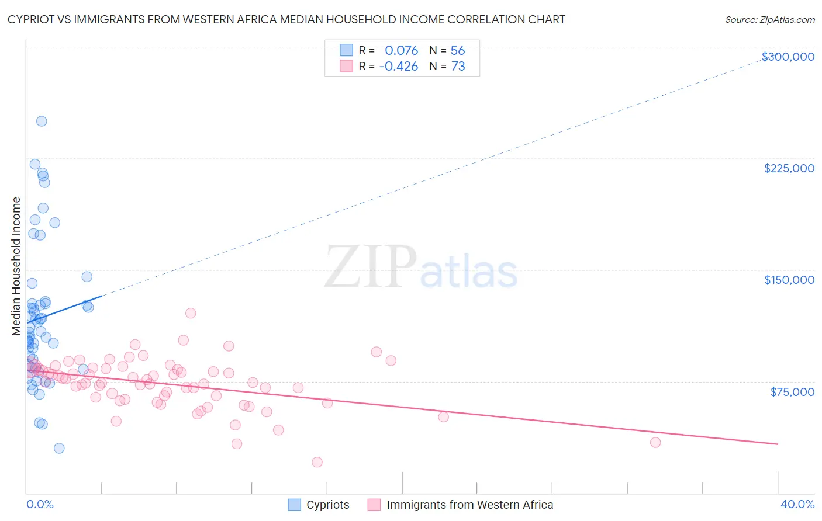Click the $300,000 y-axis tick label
click(x=788, y=57)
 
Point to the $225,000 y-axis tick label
click(x=789, y=168)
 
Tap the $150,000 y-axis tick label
click(x=789, y=280)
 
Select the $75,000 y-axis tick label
click(x=792, y=392)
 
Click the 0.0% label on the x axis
click(x=40, y=504)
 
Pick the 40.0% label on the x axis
click(x=797, y=504)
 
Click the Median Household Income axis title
click(x=16, y=266)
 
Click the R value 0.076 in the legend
click(x=401, y=51)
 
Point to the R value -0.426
click(x=398, y=67)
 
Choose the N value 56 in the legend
click(x=458, y=51)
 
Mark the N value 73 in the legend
click(x=458, y=67)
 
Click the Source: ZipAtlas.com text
click(x=769, y=20)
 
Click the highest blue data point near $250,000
click(x=42, y=121)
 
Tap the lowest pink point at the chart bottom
click(x=317, y=462)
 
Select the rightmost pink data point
click(x=655, y=442)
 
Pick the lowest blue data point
click(x=59, y=448)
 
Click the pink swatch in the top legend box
click(x=346, y=67)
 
